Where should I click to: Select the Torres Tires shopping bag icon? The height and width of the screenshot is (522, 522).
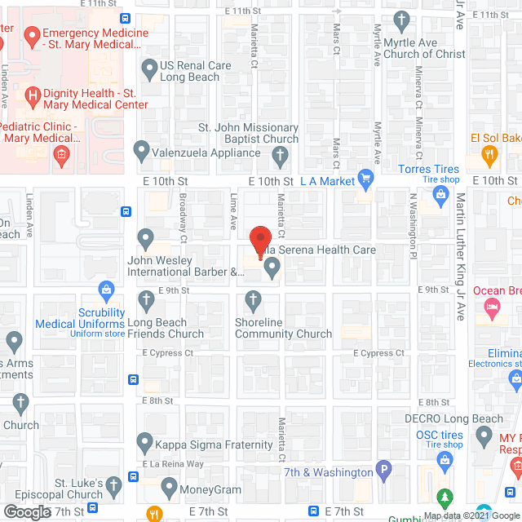tap(441, 194)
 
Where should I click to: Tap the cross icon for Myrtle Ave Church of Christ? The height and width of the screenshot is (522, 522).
tap(400, 20)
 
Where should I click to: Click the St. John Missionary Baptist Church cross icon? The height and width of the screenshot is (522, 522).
tap(280, 154)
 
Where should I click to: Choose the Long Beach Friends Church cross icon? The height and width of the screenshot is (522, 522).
tap(146, 299)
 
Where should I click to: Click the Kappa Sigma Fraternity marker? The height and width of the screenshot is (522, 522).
tap(146, 443)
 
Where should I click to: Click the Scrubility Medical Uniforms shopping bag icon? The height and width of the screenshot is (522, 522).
tap(106, 288)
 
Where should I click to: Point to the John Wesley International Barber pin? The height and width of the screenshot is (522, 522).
tap(146, 239)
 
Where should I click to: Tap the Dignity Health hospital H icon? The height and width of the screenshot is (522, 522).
tap(33, 97)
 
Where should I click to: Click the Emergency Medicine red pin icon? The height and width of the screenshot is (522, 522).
tap(32, 36)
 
